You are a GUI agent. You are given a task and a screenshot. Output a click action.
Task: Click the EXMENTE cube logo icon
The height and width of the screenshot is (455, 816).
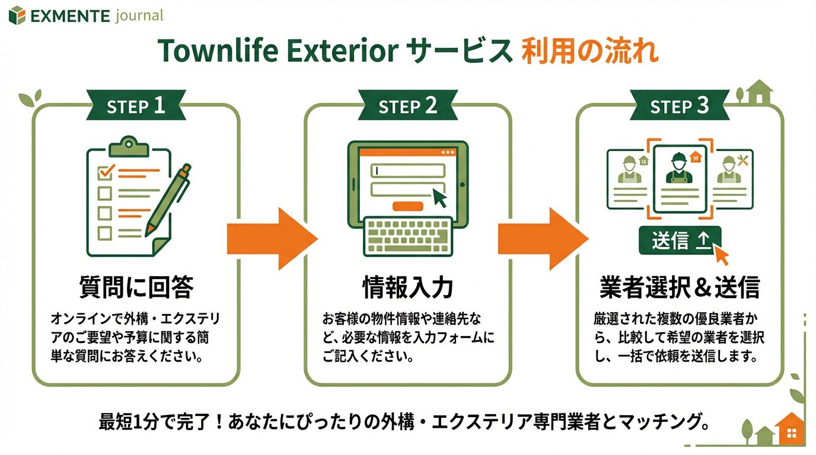click(x=17, y=15)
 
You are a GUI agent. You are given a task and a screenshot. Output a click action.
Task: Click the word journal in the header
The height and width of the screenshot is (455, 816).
click(x=139, y=16)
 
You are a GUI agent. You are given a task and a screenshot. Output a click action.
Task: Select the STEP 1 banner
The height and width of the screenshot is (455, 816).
click(x=136, y=105)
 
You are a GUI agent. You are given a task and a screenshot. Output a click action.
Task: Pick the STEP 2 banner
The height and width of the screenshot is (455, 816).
click(x=407, y=105)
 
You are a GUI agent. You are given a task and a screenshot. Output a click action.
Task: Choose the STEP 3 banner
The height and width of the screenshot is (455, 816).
click(x=680, y=105)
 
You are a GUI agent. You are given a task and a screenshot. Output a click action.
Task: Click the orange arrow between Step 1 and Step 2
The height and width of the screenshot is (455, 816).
click(x=272, y=239)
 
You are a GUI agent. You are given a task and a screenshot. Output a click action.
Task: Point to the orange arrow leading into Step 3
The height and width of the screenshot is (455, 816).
click(x=543, y=239)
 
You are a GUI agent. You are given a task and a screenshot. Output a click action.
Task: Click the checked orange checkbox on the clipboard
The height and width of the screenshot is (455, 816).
click(x=106, y=172)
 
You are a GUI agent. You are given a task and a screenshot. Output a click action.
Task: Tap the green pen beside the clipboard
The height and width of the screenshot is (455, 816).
click(x=168, y=200)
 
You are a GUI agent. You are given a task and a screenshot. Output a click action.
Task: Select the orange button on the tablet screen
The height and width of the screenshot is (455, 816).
click(x=407, y=206)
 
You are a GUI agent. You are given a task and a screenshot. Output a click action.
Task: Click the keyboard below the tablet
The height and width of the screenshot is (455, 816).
click(x=408, y=237)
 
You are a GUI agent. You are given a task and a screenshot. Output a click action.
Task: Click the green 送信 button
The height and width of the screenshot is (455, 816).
click(x=680, y=241)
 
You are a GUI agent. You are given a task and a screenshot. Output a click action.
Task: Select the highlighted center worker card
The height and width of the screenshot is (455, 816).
click(x=680, y=179)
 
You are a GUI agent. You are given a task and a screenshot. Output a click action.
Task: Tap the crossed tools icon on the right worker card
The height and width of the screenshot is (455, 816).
click(x=742, y=161)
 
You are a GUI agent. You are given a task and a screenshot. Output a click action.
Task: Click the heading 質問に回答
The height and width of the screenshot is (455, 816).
click(x=136, y=287)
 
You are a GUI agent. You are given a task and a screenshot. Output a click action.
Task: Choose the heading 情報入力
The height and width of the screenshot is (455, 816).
click(x=408, y=287)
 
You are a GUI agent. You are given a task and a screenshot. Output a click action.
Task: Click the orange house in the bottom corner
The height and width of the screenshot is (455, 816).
click(x=790, y=429)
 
